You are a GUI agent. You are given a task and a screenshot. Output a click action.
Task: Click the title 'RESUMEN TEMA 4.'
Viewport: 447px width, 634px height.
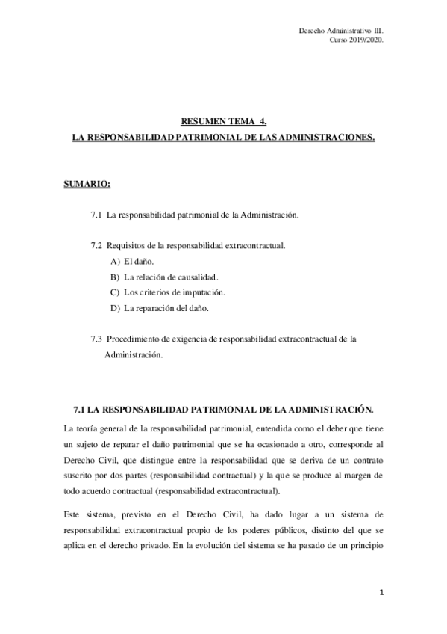tap(223, 120)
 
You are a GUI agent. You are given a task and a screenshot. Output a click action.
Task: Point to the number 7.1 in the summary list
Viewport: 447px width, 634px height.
tap(96, 215)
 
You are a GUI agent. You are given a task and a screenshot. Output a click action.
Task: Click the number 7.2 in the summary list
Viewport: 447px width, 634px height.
tap(96, 245)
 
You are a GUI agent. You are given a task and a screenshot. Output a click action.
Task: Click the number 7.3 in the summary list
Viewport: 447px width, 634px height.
tap(96, 339)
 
